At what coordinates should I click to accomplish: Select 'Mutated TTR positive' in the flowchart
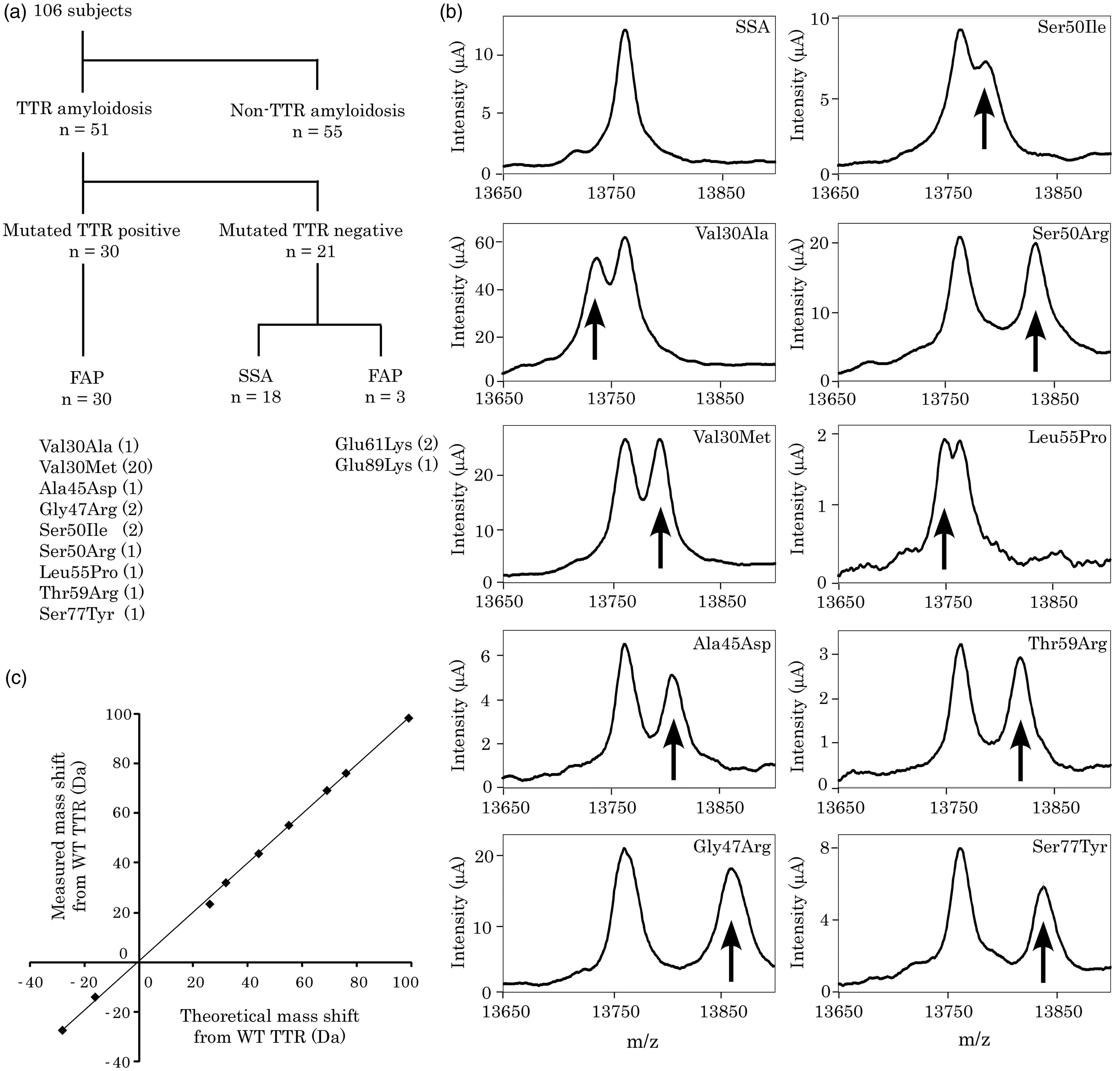pyautogui.click(x=92, y=230)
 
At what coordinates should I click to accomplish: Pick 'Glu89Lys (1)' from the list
pyautogui.click(x=386, y=465)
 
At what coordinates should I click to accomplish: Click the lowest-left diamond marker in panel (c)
pyautogui.click(x=62, y=1030)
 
